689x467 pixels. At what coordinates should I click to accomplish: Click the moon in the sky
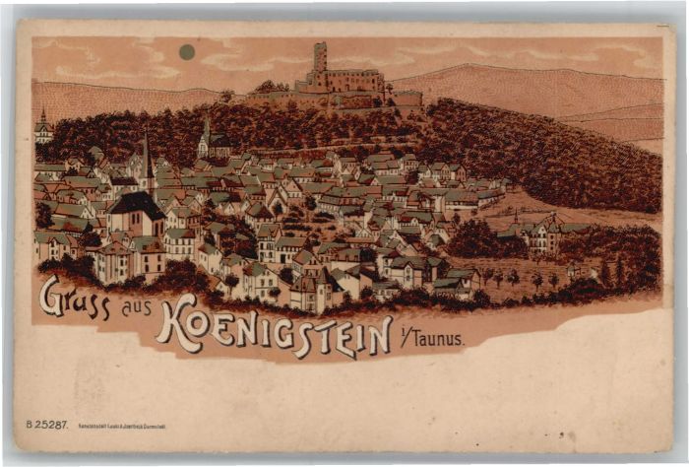pyautogui.click(x=187, y=52)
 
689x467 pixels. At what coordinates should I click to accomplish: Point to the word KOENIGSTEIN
pyautogui.click(x=274, y=333)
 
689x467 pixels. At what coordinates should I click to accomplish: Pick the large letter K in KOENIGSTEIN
pyautogui.click(x=176, y=323)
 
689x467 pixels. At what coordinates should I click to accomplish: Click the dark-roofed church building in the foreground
pyautogui.click(x=136, y=212)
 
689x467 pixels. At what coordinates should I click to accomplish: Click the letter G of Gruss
pyautogui.click(x=51, y=295)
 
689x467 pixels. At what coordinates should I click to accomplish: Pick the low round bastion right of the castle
pyautogui.click(x=407, y=99)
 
